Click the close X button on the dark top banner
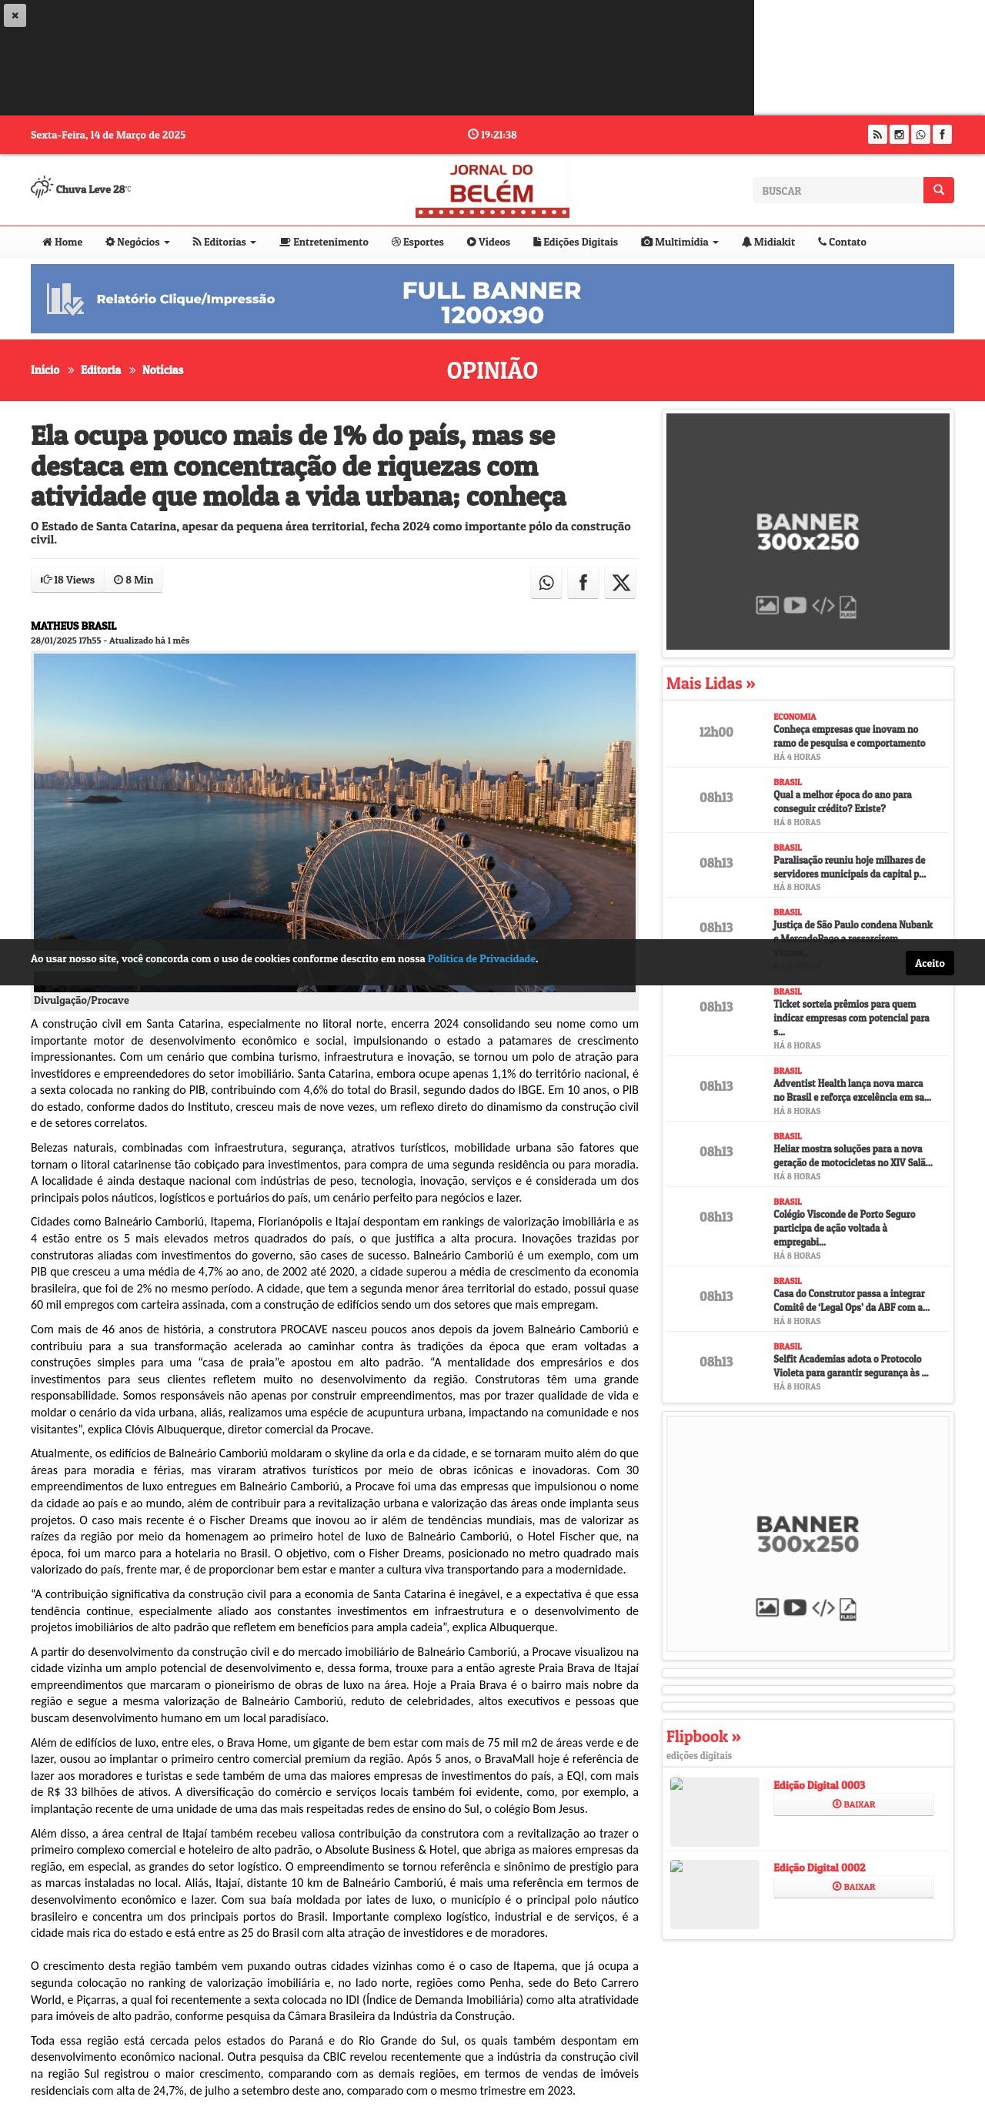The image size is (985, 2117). (15, 15)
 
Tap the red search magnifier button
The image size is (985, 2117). (938, 190)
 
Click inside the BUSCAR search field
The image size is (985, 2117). (837, 191)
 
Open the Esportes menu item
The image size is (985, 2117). (417, 242)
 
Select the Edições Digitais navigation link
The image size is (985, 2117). (575, 242)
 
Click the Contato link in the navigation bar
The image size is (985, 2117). (842, 242)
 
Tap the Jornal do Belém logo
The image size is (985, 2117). (492, 190)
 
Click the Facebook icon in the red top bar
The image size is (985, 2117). (942, 134)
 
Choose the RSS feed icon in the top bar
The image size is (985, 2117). (877, 134)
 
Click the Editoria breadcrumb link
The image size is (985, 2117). (100, 370)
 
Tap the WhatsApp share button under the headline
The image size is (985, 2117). (546, 583)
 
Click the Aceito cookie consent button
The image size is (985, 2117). (929, 963)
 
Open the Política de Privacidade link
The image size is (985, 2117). (482, 958)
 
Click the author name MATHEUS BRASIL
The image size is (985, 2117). (74, 625)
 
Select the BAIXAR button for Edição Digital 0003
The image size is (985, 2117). (853, 1804)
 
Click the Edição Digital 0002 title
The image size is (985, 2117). (819, 1867)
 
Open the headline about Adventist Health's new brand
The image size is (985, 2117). (852, 1090)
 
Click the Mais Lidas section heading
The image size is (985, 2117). (710, 683)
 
